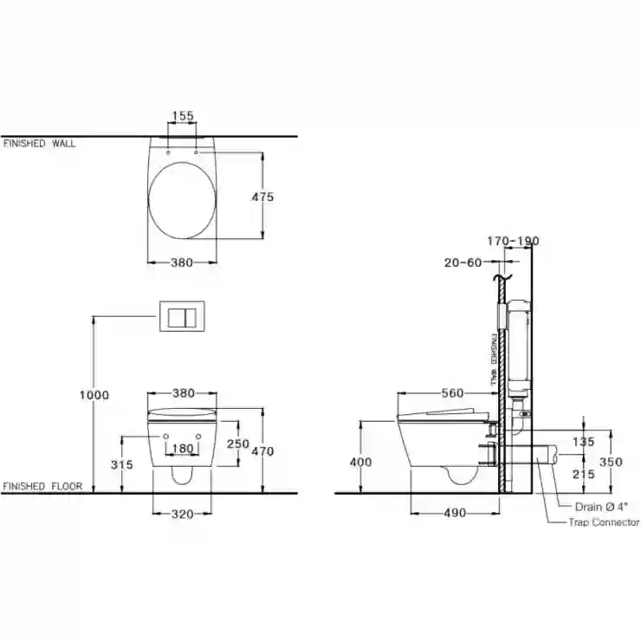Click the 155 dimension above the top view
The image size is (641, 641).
[182, 116]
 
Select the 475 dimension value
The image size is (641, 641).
[262, 197]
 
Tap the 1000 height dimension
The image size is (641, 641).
[94, 395]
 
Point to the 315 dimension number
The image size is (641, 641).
[122, 464]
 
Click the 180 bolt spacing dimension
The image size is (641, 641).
[182, 449]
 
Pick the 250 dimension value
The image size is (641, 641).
[238, 444]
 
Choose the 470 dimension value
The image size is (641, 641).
[262, 451]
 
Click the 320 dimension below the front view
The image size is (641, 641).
[182, 514]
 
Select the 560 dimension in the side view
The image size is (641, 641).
[452, 393]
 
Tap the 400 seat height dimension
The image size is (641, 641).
[360, 462]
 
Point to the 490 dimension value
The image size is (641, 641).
[455, 513]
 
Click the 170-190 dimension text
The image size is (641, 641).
[513, 241]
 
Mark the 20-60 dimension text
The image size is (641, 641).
[463, 262]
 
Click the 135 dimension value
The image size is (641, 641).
[583, 442]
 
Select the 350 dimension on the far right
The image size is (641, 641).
[611, 462]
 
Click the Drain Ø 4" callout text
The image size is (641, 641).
[601, 507]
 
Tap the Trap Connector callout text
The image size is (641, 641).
[604, 522]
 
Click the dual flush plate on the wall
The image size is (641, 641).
[182, 316]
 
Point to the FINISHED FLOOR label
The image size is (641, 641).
[42, 487]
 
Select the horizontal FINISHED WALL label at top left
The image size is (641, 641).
[39, 143]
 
